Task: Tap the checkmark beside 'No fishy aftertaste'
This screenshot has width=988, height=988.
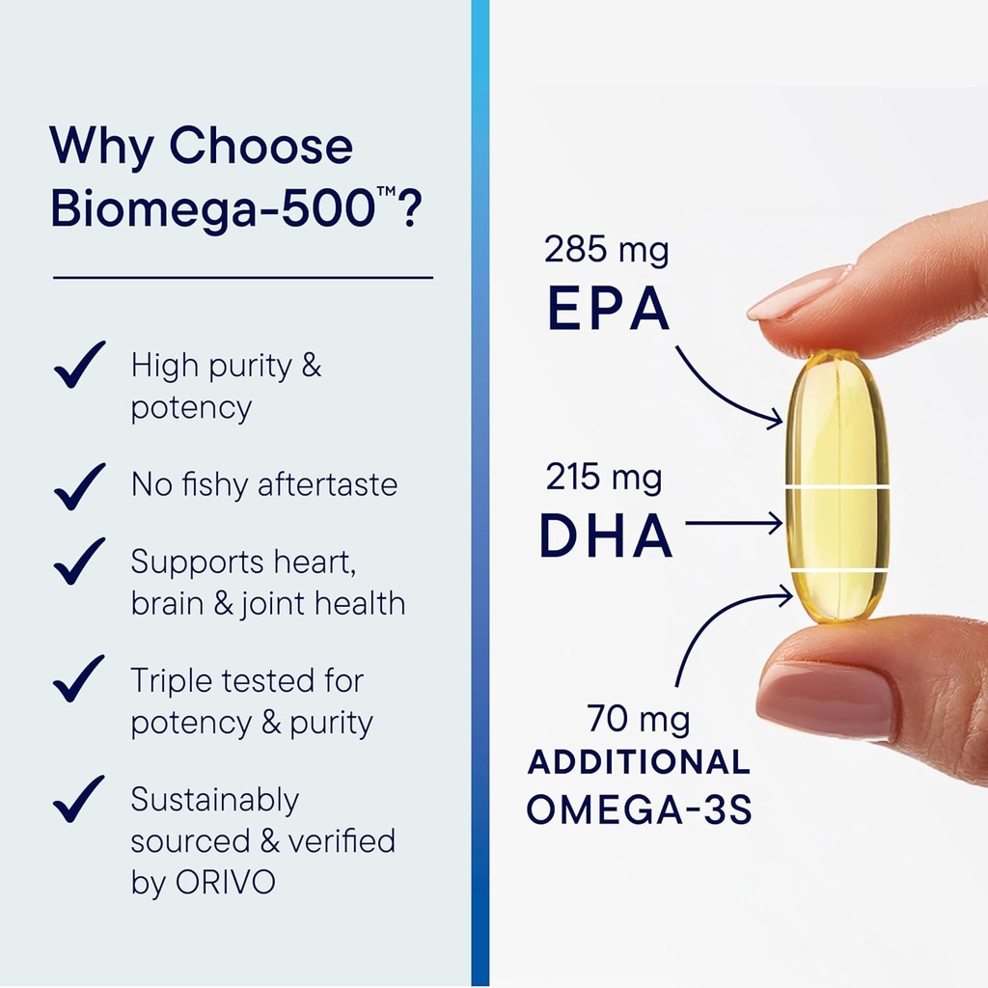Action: pos(79,485)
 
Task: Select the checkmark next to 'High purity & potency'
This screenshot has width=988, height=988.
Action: pos(79,366)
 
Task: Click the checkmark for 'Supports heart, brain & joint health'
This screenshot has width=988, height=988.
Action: pos(79,561)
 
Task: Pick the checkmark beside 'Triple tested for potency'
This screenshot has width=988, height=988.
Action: pos(79,679)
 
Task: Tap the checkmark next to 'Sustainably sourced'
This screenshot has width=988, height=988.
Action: pos(79,799)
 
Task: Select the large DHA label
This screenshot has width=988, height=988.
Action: pos(605,535)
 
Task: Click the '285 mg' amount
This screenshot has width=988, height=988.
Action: pos(606,250)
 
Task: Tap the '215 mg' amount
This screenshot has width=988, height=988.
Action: pos(604,477)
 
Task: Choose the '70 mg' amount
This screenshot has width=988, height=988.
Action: pos(639,719)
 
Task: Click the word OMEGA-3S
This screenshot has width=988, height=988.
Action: pos(639,809)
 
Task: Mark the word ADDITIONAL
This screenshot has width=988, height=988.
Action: pos(639,762)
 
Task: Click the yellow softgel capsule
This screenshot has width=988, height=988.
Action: pos(837,487)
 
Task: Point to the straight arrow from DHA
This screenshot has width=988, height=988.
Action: pos(733,524)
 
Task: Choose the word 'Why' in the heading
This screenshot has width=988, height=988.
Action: pos(100,147)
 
